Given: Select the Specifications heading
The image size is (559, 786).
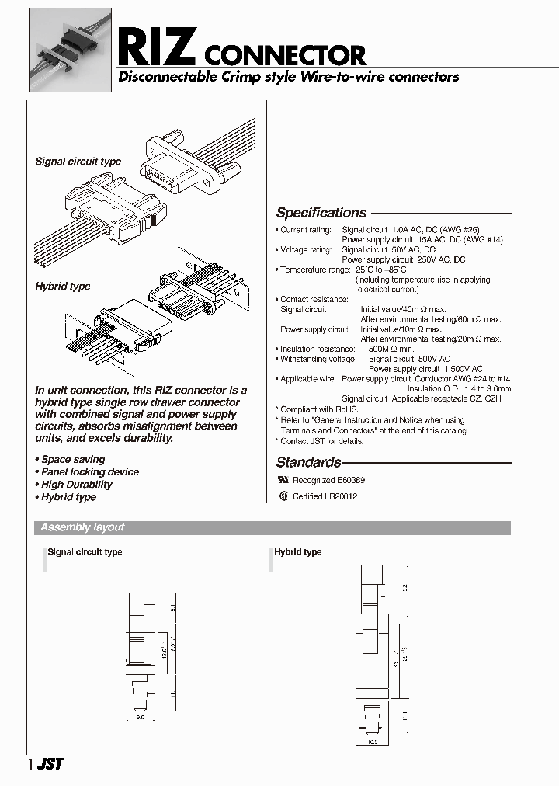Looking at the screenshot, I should point(321,213).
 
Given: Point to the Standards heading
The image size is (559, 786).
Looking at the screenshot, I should point(309,462).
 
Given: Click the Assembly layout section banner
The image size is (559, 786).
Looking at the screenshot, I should point(82,527).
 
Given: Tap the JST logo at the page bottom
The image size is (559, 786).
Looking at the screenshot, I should point(50,764).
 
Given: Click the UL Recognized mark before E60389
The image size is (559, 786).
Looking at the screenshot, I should point(283,481).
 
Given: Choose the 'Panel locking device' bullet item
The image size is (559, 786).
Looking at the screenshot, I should point(89,472).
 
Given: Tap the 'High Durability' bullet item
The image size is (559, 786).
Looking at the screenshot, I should point(76,485).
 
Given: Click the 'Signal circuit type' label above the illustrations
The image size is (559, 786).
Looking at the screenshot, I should point(78,162).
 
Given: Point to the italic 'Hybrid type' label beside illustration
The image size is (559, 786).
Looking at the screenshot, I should point(63,287).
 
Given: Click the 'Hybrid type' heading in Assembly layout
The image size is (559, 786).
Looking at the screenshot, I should point(297,552).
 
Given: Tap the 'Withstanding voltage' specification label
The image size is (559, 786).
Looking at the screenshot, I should point(317,360).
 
